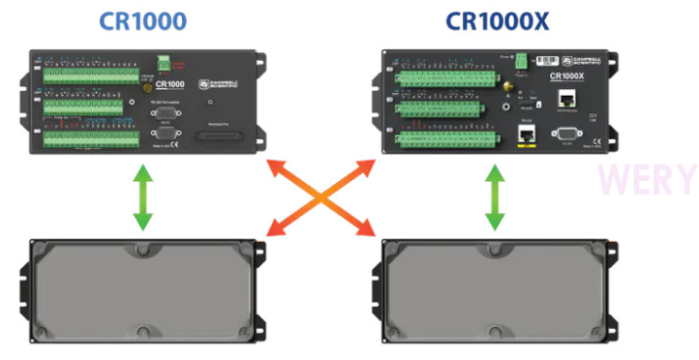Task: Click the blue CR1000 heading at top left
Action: pos(142,20)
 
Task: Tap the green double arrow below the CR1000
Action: pos(142,197)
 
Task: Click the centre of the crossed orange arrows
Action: pos(319,198)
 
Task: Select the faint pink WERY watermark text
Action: pos(646,180)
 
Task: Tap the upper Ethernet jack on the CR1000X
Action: pos(571,99)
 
